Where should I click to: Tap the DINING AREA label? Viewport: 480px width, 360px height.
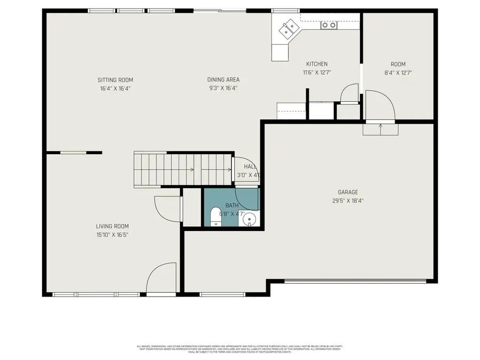tap(223, 80)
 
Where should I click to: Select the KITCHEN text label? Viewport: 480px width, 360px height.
tap(316, 64)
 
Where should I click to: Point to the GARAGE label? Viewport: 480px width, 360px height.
tap(348, 193)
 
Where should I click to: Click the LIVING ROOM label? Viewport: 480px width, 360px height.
tap(112, 226)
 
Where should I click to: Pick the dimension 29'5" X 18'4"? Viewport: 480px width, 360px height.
tap(348, 201)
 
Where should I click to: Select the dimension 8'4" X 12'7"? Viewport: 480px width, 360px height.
tap(398, 73)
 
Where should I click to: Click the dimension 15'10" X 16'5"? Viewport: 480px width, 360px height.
tap(112, 235)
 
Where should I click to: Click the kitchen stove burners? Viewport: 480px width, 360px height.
tap(329, 25)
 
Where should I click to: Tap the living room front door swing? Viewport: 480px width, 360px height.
tap(162, 277)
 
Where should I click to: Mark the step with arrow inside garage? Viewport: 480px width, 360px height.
tap(380, 129)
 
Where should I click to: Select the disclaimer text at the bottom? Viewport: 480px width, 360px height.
tap(239, 349)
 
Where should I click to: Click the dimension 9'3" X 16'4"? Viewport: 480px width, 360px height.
tap(223, 89)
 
